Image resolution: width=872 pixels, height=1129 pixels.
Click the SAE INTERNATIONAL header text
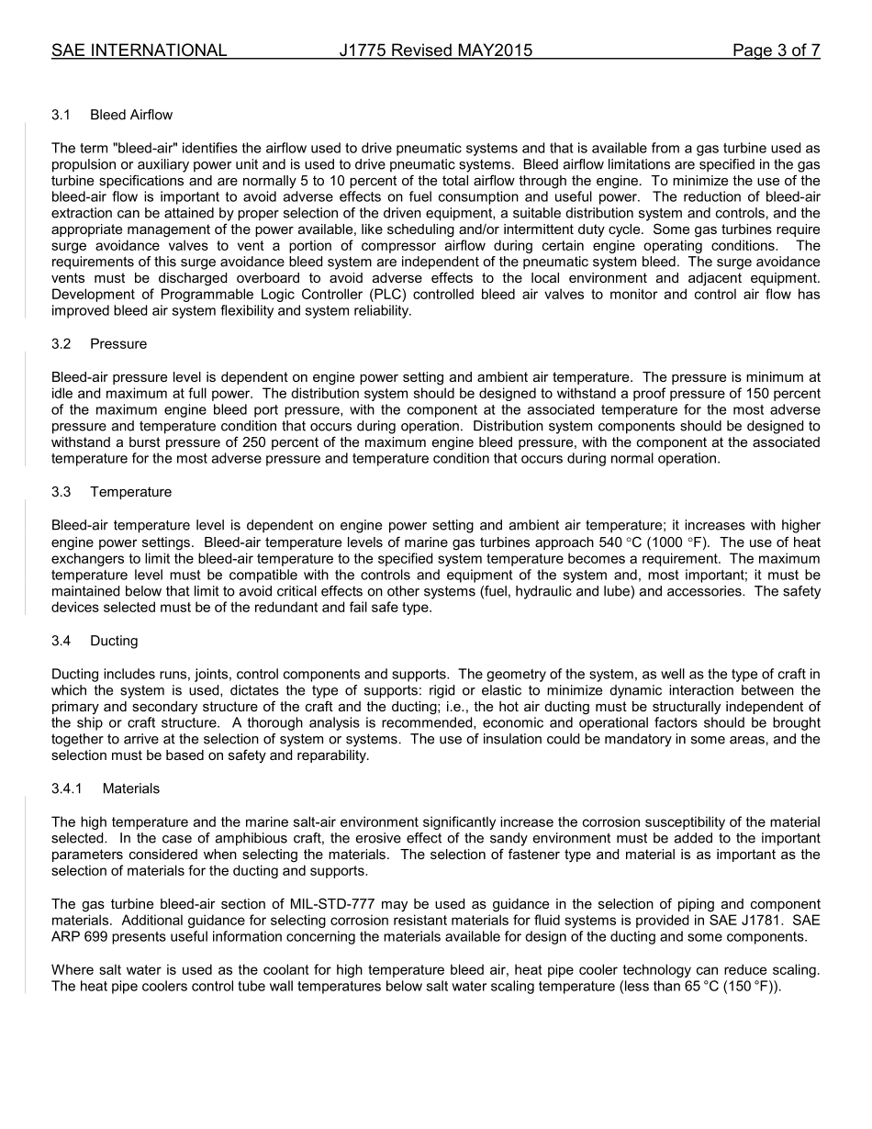tap(139, 50)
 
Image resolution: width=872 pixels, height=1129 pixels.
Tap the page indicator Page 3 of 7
tap(776, 50)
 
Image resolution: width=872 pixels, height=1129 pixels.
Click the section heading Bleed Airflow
tap(131, 115)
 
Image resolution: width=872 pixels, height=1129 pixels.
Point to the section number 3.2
tap(61, 343)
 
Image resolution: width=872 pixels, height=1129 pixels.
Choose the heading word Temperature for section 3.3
tap(131, 492)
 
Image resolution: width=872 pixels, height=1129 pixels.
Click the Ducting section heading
tap(114, 641)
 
